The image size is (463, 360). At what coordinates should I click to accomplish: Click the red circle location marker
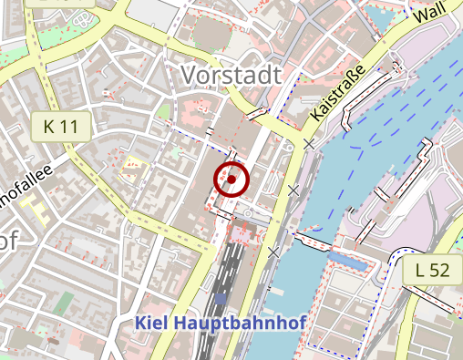pos(231,180)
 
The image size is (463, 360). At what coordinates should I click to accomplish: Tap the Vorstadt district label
pos(231,76)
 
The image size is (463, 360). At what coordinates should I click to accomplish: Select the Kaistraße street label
pos(337,92)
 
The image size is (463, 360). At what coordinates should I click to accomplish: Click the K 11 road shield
pos(61,127)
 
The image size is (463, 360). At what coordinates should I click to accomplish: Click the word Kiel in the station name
pos(152,323)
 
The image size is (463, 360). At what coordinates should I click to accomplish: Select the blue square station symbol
pos(221,297)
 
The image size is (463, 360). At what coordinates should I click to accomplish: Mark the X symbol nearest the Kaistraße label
pos(310,144)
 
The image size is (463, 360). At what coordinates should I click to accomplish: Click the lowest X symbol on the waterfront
pos(273,252)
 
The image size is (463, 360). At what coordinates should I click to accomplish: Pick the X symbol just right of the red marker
pos(293,190)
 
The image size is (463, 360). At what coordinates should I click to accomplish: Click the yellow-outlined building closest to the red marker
pos(134,168)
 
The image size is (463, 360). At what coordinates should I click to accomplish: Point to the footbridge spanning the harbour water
pos(313,241)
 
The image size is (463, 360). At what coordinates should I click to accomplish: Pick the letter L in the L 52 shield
pos(420,269)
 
